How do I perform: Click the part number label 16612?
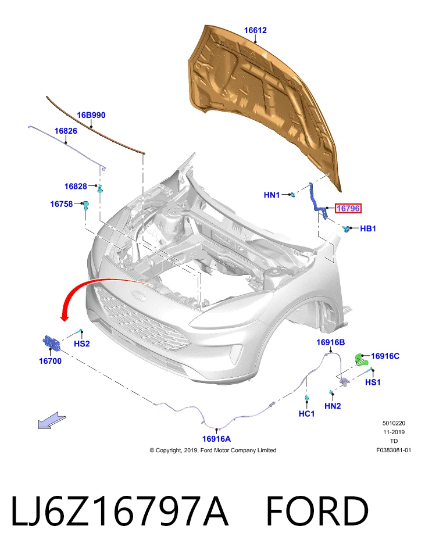click(255, 31)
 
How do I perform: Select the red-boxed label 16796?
click(348, 208)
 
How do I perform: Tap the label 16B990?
click(91, 115)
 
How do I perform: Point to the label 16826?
click(66, 131)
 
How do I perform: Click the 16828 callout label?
click(76, 187)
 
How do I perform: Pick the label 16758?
click(61, 204)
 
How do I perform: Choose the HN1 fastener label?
click(272, 195)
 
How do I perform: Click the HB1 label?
click(368, 228)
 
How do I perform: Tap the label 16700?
click(50, 361)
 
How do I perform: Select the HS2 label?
click(82, 344)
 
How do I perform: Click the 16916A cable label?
click(216, 439)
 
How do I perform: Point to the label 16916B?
click(331, 342)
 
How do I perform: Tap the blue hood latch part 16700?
click(52, 342)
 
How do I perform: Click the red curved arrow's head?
click(65, 317)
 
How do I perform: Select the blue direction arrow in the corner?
click(52, 420)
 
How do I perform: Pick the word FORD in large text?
click(317, 512)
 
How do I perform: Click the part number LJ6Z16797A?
click(120, 512)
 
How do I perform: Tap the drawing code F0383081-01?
click(394, 450)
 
